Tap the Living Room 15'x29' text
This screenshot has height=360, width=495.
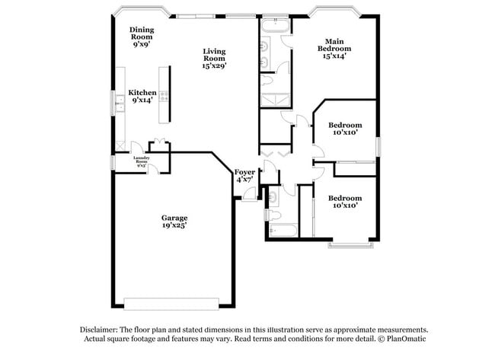tap(214, 59)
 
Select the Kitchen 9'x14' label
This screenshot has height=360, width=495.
tap(142, 95)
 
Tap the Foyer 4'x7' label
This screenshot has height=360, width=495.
tap(244, 177)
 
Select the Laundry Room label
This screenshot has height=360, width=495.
tap(142, 162)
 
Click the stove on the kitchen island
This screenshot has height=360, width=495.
tap(164, 97)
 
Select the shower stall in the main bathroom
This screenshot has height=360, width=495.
tap(271, 99)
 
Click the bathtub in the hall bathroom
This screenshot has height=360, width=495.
tap(283, 229)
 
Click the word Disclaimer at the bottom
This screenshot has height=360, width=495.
tap(102, 329)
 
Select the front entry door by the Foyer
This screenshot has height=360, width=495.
tap(248, 199)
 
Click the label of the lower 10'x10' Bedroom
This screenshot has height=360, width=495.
tap(344, 201)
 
